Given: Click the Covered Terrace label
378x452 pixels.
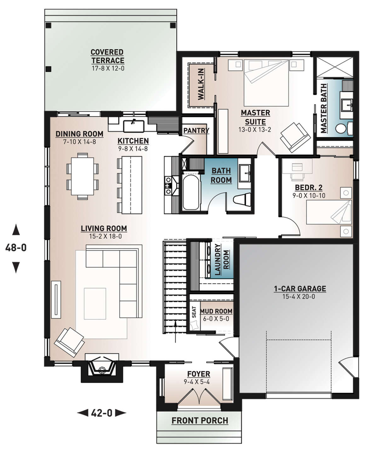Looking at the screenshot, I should tap(107, 56).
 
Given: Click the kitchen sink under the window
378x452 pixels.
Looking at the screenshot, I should tap(134, 126).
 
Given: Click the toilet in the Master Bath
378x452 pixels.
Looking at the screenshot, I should tap(341, 128).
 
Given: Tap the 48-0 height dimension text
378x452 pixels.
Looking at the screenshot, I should tap(16, 248).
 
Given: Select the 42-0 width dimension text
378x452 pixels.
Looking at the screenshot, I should tap(101, 413).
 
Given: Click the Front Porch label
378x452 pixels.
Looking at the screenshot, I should tap(200, 421).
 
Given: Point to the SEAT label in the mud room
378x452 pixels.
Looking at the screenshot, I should tap(194, 312).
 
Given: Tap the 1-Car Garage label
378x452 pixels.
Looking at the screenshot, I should tap(300, 289).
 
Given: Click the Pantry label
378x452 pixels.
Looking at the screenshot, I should tap(196, 131).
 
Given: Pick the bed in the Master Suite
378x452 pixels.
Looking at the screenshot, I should tap(266, 83).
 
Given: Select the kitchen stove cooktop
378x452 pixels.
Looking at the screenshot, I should tap(168, 185).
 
